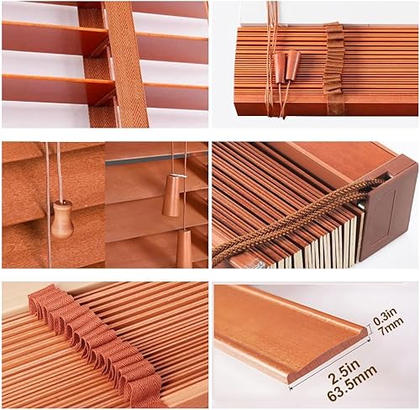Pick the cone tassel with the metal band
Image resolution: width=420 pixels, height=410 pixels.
(x=171, y=194)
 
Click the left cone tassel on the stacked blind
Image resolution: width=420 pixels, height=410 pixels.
(x=280, y=67)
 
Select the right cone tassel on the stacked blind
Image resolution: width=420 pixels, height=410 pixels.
(x=292, y=64)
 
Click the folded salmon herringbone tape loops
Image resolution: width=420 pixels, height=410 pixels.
(x=95, y=338)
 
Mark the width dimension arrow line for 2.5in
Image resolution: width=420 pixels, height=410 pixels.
(x=329, y=365)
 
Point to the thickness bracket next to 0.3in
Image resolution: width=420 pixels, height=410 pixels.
(x=370, y=329)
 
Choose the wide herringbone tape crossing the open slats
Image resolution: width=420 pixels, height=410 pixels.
(x=127, y=64)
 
